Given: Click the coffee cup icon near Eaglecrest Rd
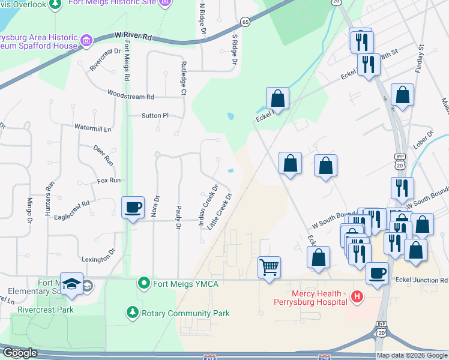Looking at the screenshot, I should click(133, 208).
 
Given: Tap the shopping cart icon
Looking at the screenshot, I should click(270, 266).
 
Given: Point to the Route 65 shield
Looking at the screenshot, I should click(245, 22).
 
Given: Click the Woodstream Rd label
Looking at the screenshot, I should click(131, 95).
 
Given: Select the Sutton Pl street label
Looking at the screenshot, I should click(155, 115).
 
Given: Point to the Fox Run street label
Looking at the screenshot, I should click(109, 180).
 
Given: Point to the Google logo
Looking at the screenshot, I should click(20, 353).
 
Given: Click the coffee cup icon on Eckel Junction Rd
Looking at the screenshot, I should click(376, 272).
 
